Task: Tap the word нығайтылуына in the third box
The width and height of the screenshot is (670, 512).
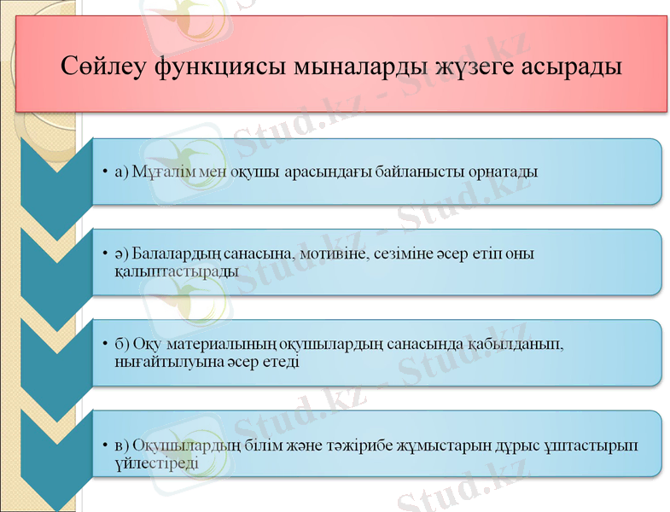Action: (x=162, y=362)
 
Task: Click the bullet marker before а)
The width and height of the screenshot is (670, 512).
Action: (x=103, y=172)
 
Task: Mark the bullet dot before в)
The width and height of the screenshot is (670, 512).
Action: (x=103, y=446)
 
